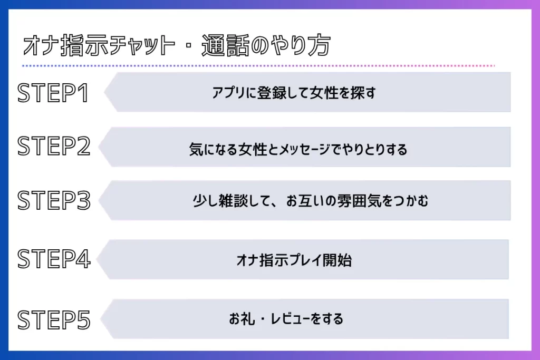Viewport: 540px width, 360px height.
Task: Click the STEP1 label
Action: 53,93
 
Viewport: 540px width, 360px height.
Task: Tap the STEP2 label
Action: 54,146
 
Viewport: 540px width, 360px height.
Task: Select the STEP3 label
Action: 54,200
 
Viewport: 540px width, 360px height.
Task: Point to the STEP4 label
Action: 54,259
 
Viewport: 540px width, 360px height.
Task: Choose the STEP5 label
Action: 54,320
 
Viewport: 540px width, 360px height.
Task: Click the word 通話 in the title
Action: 225,45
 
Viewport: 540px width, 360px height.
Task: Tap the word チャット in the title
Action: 142,45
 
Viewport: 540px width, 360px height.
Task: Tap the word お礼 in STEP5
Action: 243,319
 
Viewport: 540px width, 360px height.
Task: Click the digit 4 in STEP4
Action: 83,259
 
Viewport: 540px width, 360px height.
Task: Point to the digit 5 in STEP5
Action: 83,320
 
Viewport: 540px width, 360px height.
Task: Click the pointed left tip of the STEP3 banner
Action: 99,200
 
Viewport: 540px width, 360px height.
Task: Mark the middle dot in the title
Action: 188,46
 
